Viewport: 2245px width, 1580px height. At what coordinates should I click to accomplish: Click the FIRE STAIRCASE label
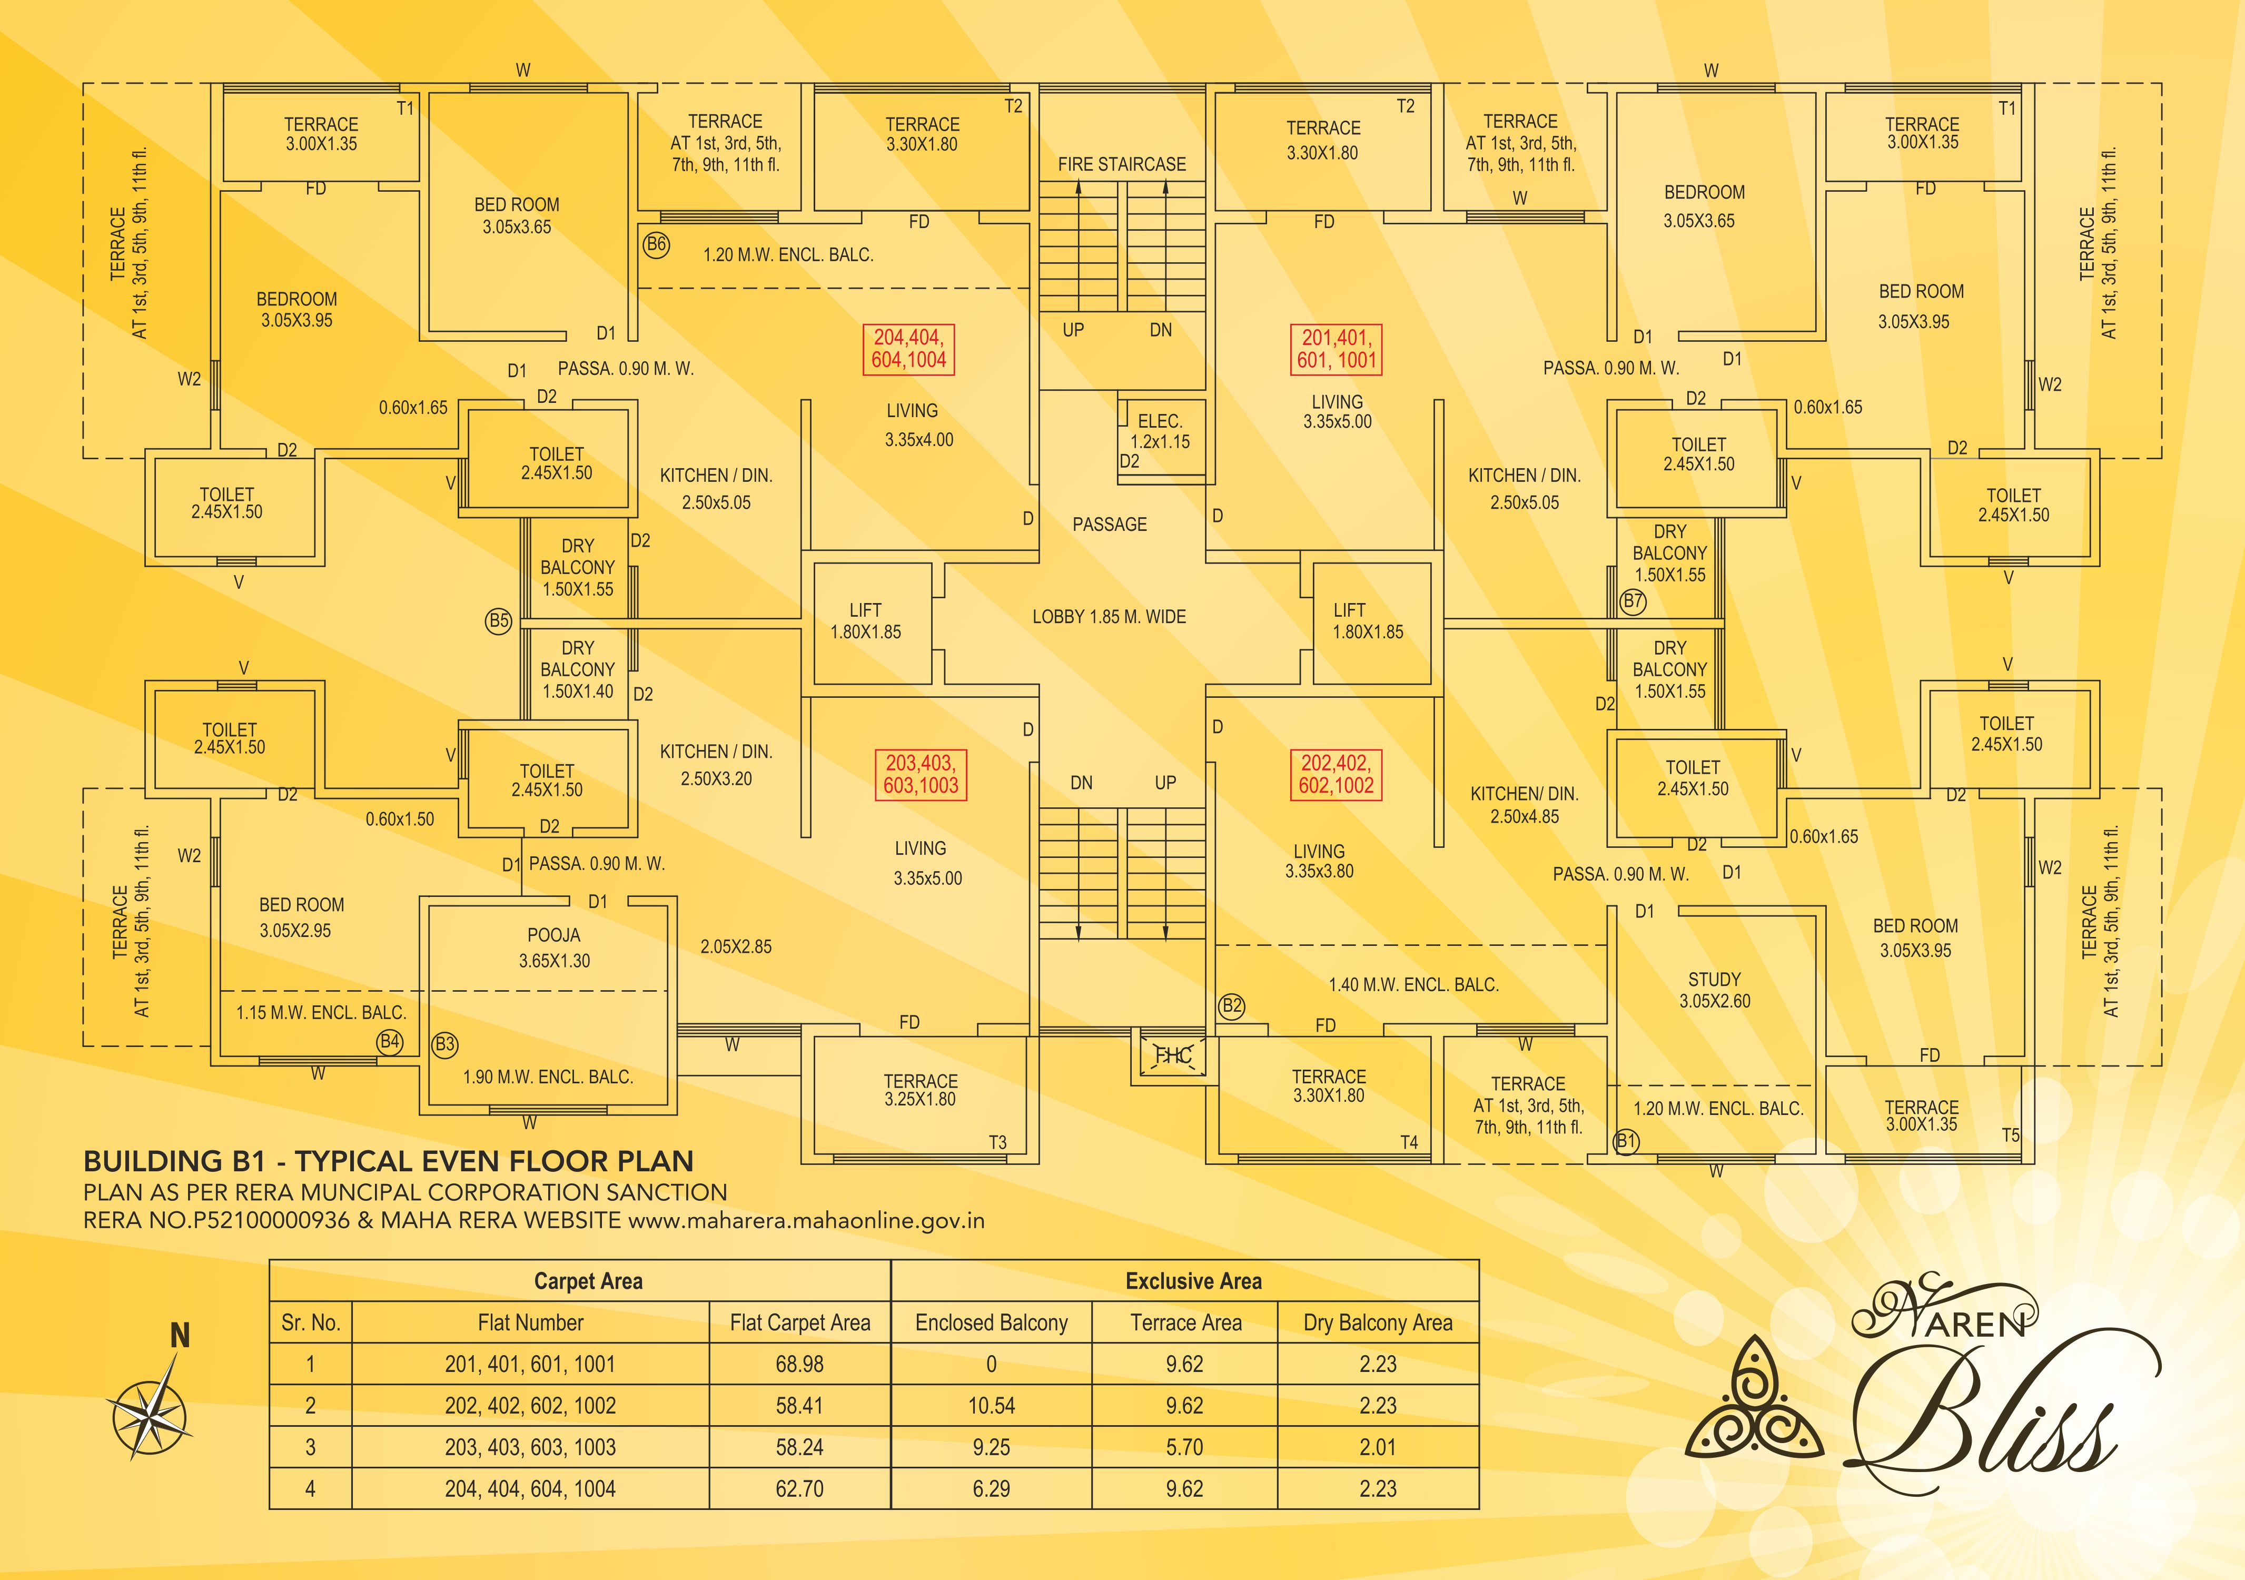click(1122, 164)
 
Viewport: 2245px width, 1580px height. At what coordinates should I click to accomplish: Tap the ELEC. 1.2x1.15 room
click(1161, 431)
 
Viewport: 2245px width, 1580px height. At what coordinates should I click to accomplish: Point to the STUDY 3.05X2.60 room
click(1714, 990)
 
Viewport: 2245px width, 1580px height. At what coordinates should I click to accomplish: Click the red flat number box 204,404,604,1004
click(908, 349)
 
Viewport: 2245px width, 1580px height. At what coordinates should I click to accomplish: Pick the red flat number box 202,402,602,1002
click(1336, 774)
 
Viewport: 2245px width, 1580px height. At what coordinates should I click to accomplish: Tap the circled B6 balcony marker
click(656, 244)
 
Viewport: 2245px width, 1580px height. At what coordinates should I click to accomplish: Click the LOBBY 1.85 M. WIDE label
click(1109, 617)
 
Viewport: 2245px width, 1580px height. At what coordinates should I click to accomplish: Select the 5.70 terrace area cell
click(1184, 1447)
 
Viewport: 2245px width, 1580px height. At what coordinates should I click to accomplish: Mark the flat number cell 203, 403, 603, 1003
click(530, 1447)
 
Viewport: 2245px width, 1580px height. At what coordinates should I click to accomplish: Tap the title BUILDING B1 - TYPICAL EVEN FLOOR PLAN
click(388, 1161)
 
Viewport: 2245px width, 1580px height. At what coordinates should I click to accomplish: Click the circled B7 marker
click(1633, 601)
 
